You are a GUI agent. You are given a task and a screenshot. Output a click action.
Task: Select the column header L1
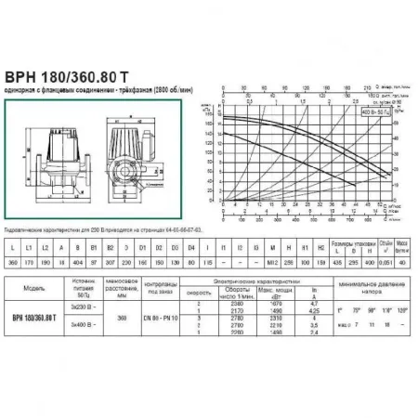coord(27,275)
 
